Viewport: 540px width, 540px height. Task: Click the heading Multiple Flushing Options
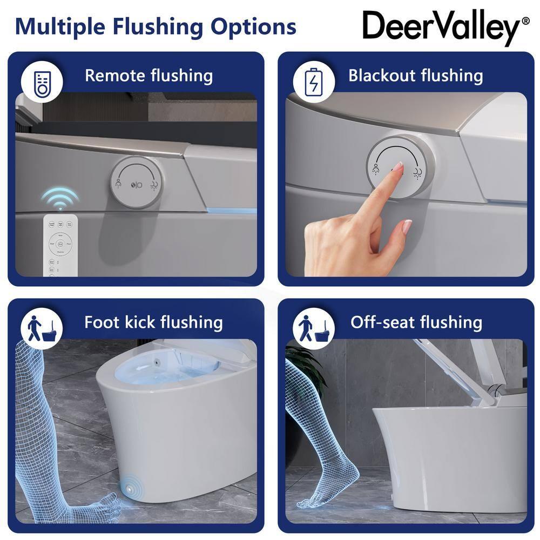click(156, 26)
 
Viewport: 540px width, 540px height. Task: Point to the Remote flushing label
click(148, 75)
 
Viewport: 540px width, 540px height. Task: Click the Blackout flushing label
click(415, 75)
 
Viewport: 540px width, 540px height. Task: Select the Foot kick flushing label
click(153, 322)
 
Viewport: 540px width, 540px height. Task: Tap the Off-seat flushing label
click(416, 322)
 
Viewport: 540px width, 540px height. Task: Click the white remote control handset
click(61, 246)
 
